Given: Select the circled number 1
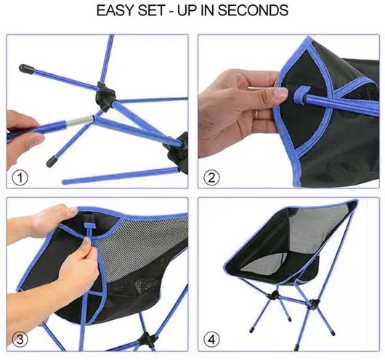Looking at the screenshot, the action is pos(20,177).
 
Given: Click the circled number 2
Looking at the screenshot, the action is pos(211,177).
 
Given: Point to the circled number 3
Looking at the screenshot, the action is pos(20,340).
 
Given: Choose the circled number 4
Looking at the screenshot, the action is pos(211,340).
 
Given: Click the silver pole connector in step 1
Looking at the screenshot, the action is pos(81,121).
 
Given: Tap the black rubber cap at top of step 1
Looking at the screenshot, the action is pos(26,69).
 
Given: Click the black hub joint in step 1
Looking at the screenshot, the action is pos(106,95).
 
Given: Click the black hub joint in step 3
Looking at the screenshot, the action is pos(147,339).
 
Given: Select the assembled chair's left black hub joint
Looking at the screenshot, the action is pos(274,295).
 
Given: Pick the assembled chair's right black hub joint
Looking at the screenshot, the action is pos(313,303).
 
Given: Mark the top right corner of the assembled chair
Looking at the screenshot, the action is pos(357,201).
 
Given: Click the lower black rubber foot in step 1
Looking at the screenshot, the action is pos(52,161).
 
